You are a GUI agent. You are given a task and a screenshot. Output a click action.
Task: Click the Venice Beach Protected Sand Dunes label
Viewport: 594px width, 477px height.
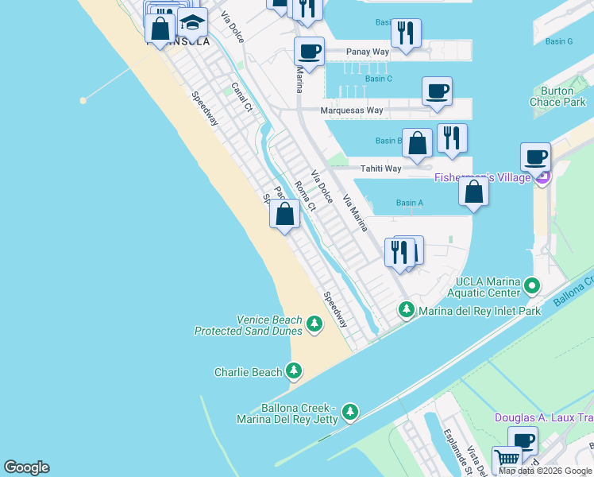click(x=249, y=325)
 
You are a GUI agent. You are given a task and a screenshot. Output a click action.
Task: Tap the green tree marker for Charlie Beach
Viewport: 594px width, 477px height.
click(x=294, y=371)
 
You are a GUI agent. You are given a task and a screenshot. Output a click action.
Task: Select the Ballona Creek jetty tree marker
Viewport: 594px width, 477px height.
click(x=349, y=413)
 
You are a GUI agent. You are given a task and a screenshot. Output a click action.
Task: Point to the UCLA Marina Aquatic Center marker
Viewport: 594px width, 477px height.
click(x=533, y=285)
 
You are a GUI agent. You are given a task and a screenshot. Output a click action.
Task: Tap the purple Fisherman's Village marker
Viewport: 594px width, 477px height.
click(x=543, y=177)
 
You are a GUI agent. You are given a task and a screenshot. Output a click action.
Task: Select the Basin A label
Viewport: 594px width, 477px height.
click(x=409, y=204)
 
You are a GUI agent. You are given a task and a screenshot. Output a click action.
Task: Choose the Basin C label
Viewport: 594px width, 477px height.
click(x=379, y=79)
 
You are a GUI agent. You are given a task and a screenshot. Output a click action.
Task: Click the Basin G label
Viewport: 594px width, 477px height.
click(x=559, y=41)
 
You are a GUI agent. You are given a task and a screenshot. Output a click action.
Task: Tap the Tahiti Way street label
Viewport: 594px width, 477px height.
click(x=381, y=169)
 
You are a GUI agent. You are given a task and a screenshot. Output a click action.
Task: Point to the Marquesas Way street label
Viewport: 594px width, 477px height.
click(x=352, y=111)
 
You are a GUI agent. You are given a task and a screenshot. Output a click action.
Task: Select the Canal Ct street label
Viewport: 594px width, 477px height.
click(x=241, y=96)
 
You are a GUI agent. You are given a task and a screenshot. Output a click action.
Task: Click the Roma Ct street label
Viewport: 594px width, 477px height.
click(x=305, y=196)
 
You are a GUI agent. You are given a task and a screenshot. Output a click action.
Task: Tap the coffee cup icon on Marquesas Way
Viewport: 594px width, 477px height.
click(x=437, y=91)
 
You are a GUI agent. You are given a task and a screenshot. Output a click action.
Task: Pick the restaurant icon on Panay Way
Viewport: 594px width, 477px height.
click(x=406, y=33)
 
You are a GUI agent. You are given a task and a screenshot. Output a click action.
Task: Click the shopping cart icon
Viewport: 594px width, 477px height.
click(x=506, y=459)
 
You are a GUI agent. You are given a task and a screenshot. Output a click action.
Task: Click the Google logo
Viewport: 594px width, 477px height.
click(x=26, y=467)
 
